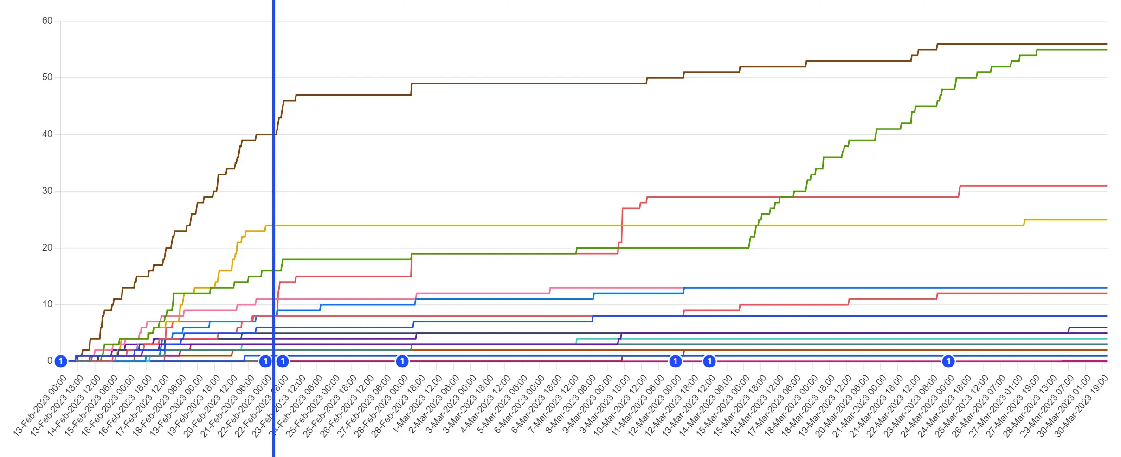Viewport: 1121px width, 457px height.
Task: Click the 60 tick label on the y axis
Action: [x=47, y=21]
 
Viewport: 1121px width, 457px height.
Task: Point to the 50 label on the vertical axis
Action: [x=47, y=77]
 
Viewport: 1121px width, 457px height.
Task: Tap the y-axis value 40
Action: [x=47, y=135]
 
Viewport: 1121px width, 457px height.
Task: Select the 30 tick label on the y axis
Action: [x=47, y=191]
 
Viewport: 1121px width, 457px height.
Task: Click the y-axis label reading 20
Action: [x=47, y=248]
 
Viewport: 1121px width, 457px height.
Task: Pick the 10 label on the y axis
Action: [x=47, y=304]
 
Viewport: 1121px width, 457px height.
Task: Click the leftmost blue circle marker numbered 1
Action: [x=61, y=361]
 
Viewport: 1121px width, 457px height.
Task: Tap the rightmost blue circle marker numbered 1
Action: [x=948, y=361]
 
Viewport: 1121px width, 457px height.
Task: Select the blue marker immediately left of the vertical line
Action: [x=265, y=361]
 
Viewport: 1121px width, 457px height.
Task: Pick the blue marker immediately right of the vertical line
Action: [x=283, y=361]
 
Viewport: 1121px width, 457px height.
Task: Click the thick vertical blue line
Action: [x=274, y=186]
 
